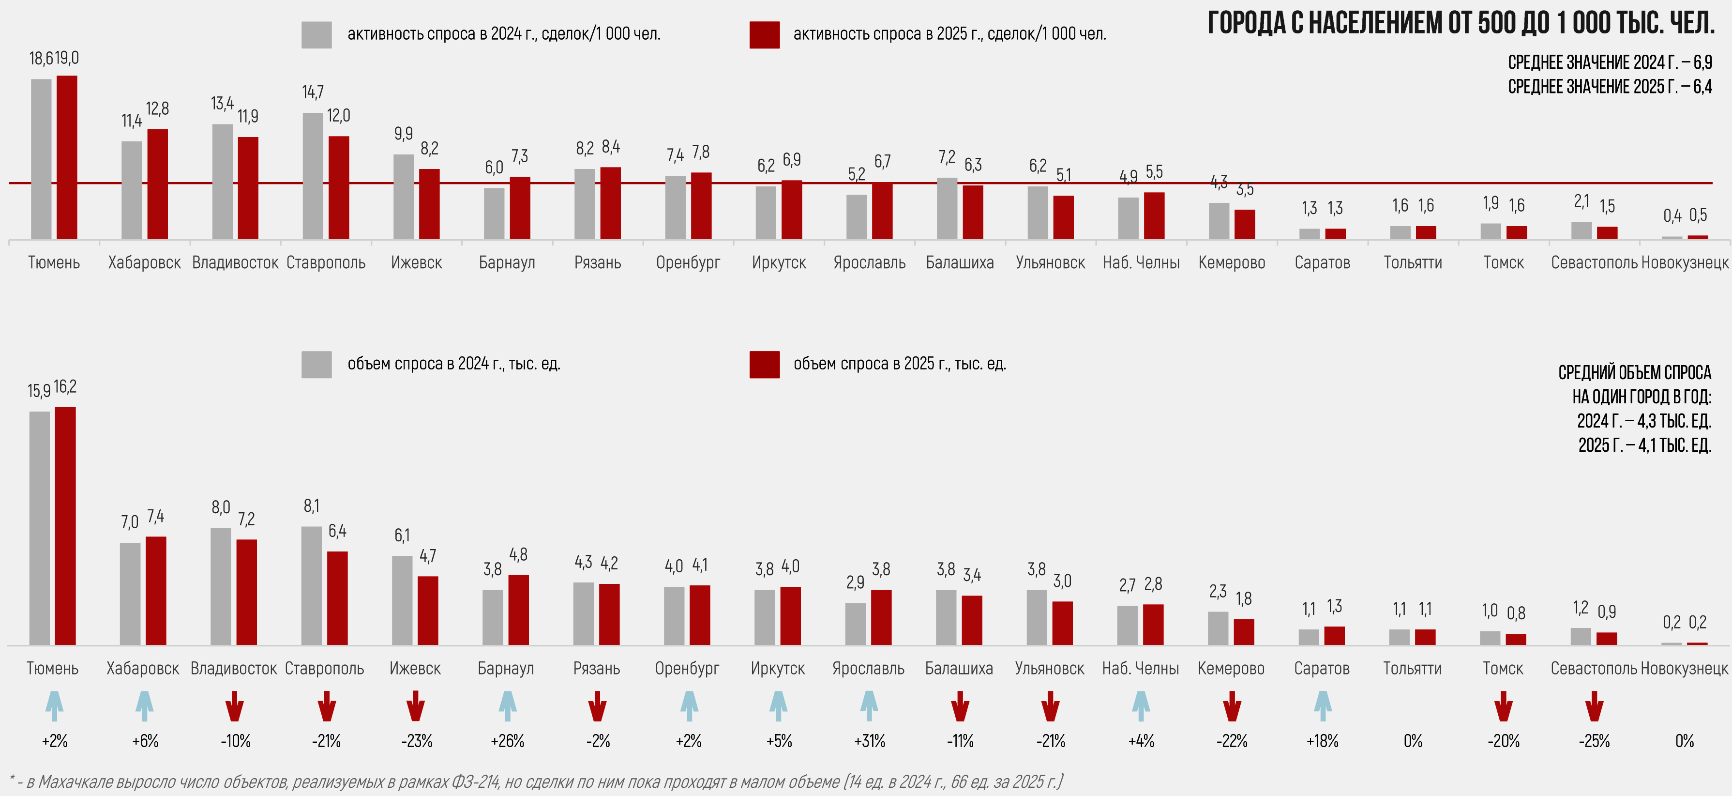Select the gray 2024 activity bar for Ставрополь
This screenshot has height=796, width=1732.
313,176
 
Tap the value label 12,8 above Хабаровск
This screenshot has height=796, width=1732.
157,109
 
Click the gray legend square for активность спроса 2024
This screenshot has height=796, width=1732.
316,35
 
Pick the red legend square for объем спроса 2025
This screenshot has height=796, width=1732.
765,364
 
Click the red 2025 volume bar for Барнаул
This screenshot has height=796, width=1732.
518,610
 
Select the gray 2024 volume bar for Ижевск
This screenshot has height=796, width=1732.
402,600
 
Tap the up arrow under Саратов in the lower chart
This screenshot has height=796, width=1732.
1323,706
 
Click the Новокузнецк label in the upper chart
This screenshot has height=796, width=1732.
1684,263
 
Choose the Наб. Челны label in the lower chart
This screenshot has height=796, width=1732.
1140,669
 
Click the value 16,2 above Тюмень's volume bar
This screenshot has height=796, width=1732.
65,387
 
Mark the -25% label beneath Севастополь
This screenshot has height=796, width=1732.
1594,741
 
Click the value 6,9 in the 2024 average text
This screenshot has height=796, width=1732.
1702,62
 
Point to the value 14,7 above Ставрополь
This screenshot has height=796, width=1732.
313,92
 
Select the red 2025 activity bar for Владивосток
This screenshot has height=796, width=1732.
248,188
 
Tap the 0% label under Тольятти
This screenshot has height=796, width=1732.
1413,741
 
